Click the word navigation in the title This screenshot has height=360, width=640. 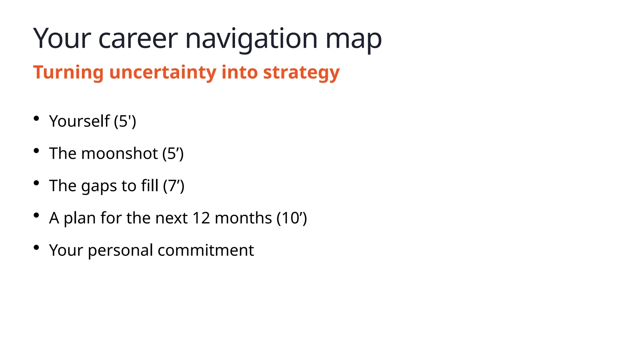click(x=251, y=39)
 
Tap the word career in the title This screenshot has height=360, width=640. click(x=138, y=39)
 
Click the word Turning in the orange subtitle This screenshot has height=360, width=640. click(x=68, y=72)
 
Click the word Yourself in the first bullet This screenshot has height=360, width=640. click(x=79, y=121)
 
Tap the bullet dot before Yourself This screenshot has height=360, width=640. click(x=36, y=118)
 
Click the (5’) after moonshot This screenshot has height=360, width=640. click(x=173, y=153)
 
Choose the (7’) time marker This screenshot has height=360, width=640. click(x=174, y=186)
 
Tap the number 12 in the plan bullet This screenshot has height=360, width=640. click(x=201, y=218)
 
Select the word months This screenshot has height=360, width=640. click(x=243, y=218)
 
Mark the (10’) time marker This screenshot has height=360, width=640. click(x=292, y=218)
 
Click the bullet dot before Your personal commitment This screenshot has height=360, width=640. click(x=36, y=247)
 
